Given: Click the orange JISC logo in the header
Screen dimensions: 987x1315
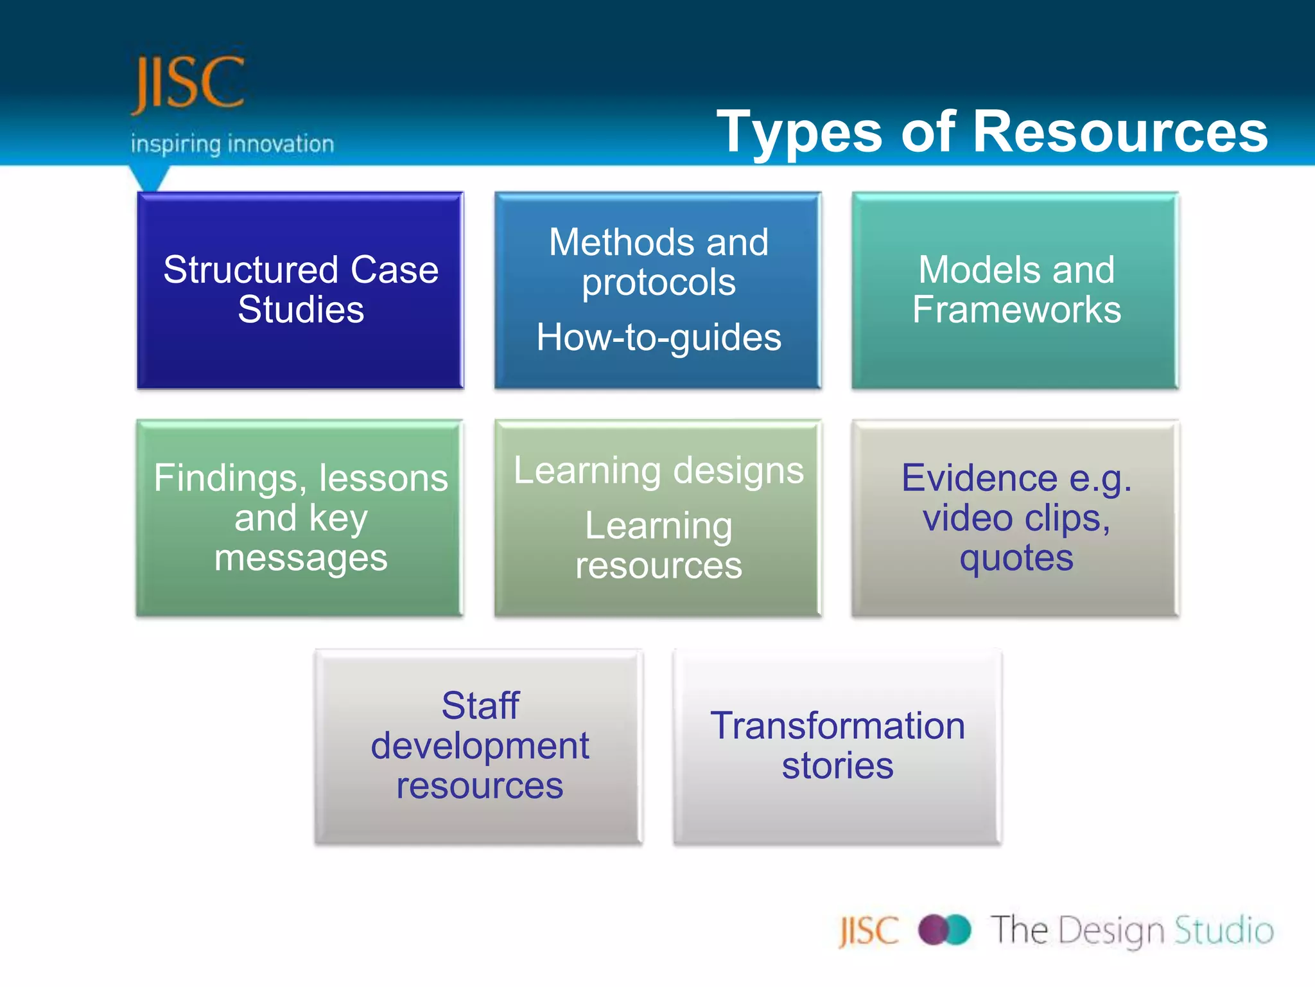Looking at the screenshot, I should tap(187, 84).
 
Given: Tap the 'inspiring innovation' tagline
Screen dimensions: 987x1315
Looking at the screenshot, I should tap(232, 144).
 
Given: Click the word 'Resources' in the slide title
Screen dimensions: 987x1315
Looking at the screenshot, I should tap(1120, 132).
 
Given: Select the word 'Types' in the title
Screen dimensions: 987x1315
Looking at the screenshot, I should tap(799, 132).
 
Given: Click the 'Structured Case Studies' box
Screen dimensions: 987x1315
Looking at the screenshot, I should tap(300, 290).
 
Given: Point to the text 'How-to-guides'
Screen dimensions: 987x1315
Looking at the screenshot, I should tap(659, 337).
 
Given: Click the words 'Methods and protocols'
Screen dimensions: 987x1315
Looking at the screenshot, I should tap(659, 262).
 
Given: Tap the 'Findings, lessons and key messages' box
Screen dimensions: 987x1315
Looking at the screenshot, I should tap(300, 518).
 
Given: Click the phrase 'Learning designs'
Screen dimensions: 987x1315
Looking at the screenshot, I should tap(659, 470).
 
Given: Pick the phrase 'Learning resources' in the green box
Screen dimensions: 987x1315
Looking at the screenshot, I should tap(659, 546).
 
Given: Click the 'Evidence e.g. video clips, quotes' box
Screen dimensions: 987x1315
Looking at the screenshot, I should tap(1016, 518).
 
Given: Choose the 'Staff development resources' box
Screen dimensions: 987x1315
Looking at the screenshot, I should tap(480, 746).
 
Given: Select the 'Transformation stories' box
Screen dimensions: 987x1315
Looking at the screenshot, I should tap(837, 746).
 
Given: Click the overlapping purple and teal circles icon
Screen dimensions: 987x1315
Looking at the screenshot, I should tap(945, 930).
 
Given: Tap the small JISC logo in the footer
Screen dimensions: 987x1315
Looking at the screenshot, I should tap(869, 931).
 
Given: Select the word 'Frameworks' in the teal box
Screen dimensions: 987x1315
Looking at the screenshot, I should tap(1016, 310).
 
